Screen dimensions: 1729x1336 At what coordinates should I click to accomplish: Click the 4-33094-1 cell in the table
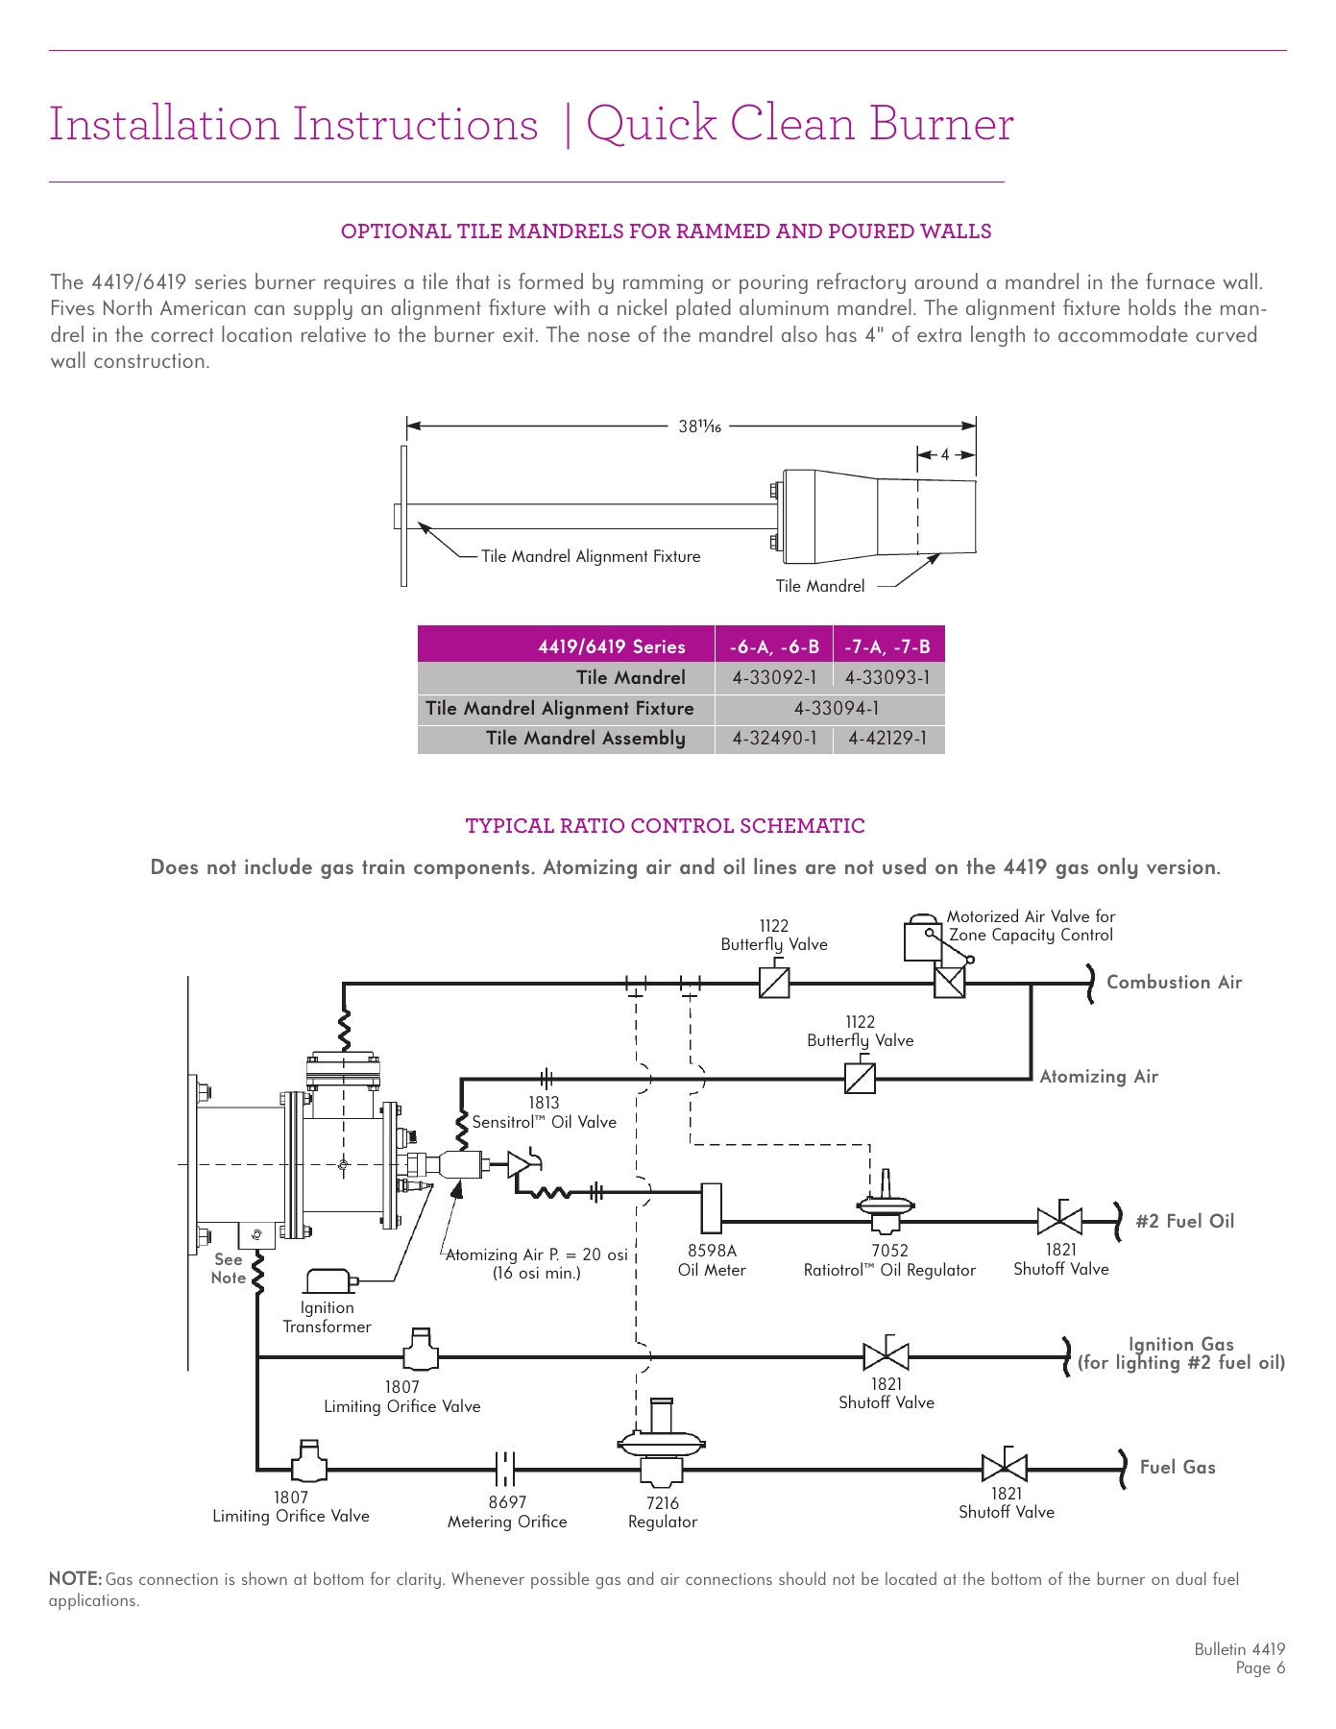click(835, 708)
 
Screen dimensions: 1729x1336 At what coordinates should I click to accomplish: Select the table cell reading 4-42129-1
click(887, 739)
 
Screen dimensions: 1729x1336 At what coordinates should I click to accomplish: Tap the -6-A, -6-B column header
click(774, 646)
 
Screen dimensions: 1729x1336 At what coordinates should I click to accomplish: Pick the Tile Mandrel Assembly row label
click(585, 739)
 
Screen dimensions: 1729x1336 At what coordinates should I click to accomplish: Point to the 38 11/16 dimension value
click(699, 426)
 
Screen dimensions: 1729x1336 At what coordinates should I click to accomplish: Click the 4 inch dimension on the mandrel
click(945, 454)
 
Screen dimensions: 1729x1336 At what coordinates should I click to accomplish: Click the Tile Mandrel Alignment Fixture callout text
click(590, 556)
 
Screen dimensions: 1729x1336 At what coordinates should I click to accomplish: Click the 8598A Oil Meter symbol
click(712, 1207)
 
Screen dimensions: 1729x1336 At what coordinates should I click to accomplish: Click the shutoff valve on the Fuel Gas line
click(1005, 1468)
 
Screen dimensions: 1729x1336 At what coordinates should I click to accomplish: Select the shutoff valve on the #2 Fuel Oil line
click(1059, 1221)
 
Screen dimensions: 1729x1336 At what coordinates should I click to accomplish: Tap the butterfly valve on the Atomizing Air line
click(860, 1078)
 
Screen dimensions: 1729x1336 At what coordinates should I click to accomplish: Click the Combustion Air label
click(1174, 983)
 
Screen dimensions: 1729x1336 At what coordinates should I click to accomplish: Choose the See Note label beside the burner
click(229, 1268)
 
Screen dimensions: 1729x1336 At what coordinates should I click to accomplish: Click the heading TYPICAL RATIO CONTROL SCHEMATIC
click(665, 826)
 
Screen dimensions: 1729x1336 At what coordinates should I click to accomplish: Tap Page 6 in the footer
click(1260, 1668)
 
